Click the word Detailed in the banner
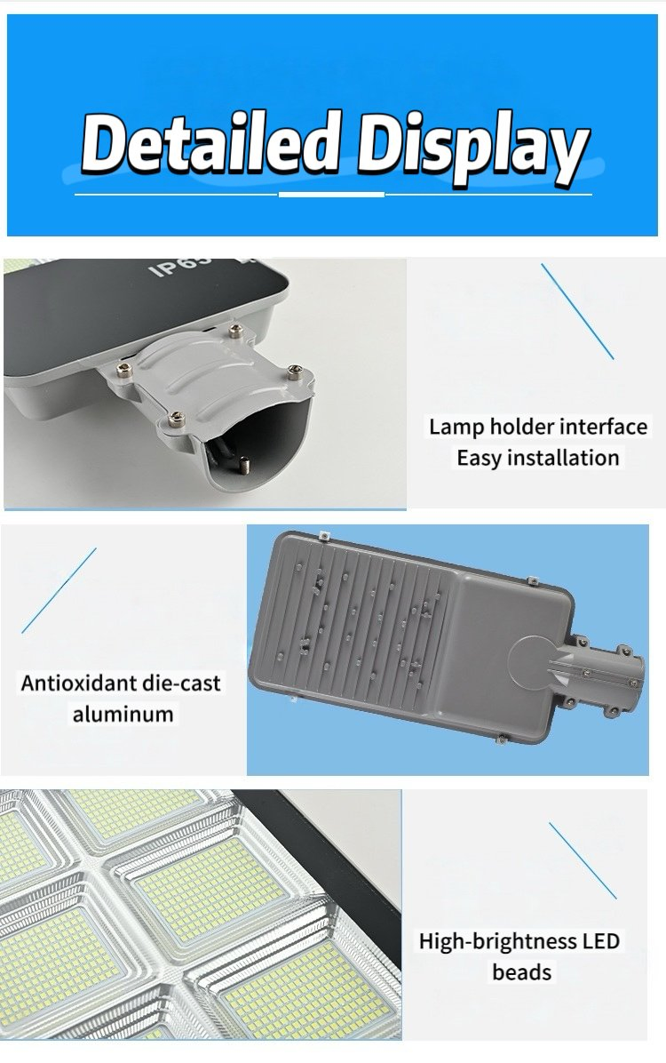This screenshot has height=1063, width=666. click(210, 145)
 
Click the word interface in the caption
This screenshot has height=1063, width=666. click(603, 427)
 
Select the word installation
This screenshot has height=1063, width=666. click(565, 459)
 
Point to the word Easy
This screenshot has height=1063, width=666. click(480, 459)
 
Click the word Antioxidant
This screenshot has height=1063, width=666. click(79, 683)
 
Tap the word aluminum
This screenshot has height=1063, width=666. click(123, 714)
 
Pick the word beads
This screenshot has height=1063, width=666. click(522, 972)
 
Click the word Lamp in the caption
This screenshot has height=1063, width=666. click(453, 427)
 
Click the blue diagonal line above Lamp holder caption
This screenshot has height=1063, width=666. click(577, 311)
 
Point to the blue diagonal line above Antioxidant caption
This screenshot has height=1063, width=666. click(59, 590)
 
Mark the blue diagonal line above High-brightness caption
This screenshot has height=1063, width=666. click(583, 859)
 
